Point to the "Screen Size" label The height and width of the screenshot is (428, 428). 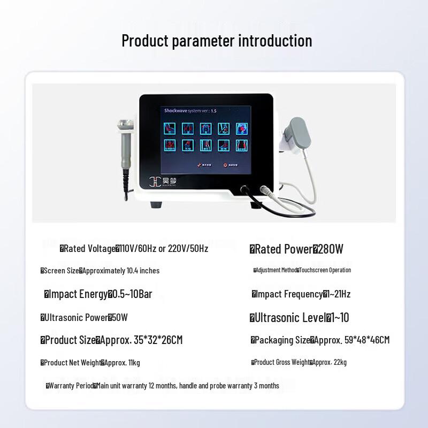62,271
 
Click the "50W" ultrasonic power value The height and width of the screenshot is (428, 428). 120,318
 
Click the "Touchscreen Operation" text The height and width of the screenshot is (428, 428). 325,270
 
